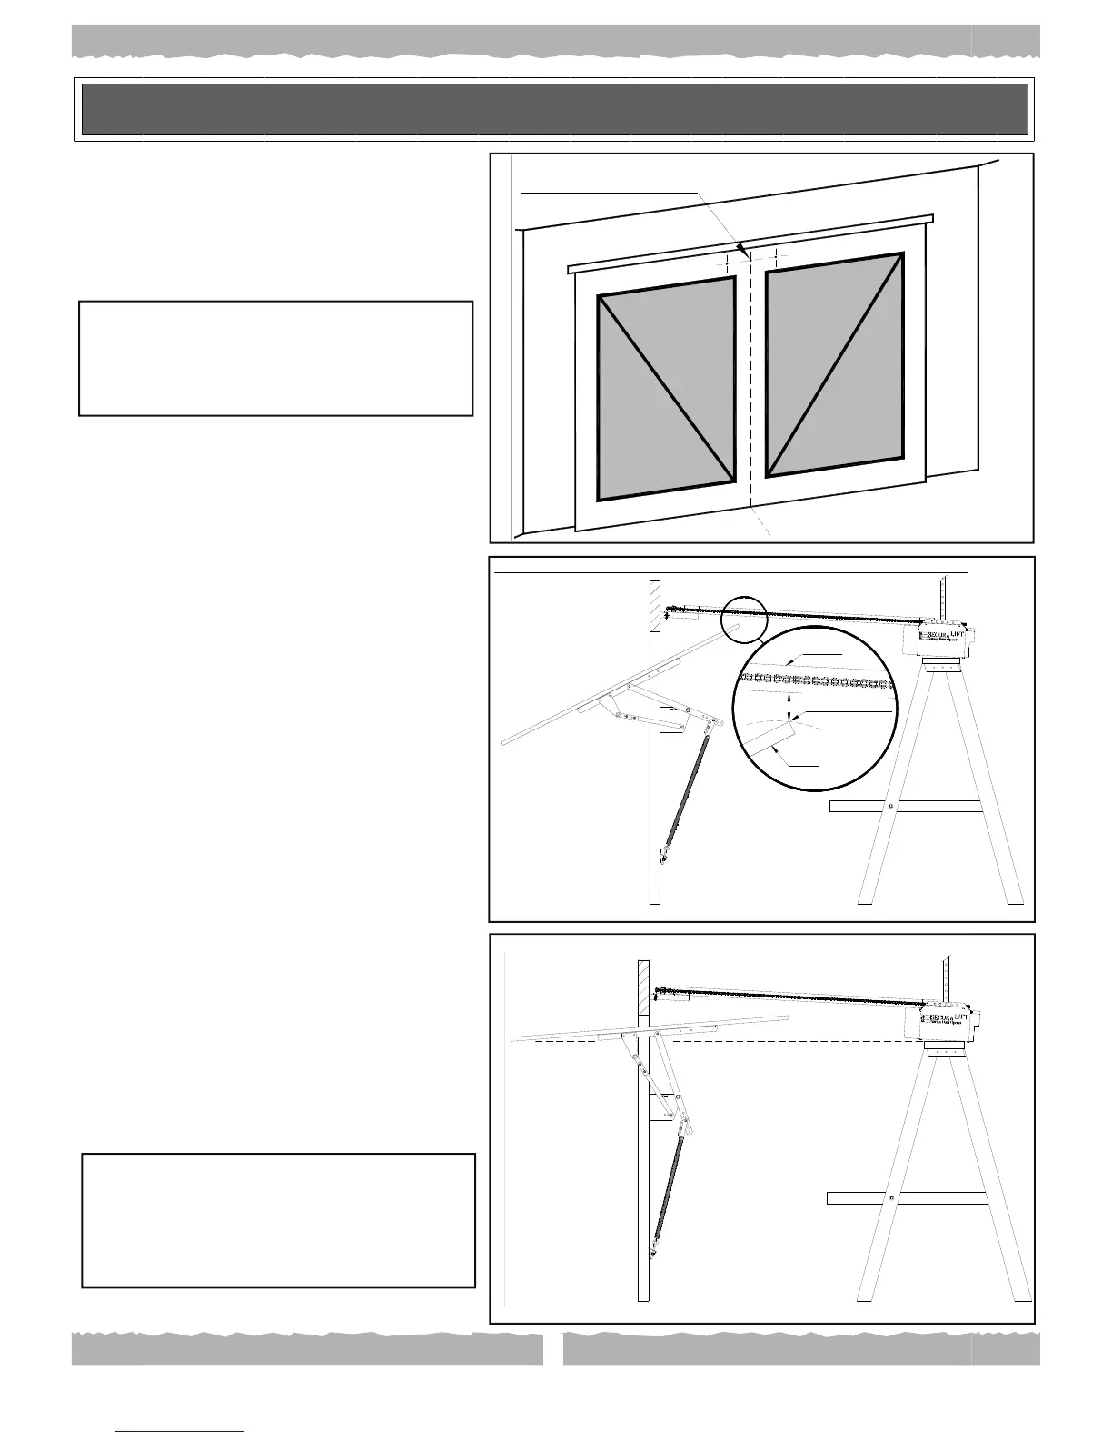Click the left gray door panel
666,389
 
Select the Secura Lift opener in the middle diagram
945,640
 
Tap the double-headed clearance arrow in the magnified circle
790,708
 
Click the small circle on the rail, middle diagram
744,619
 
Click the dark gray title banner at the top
555,109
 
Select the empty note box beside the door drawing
275,359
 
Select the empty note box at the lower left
278,1220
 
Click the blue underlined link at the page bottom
181,1431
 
